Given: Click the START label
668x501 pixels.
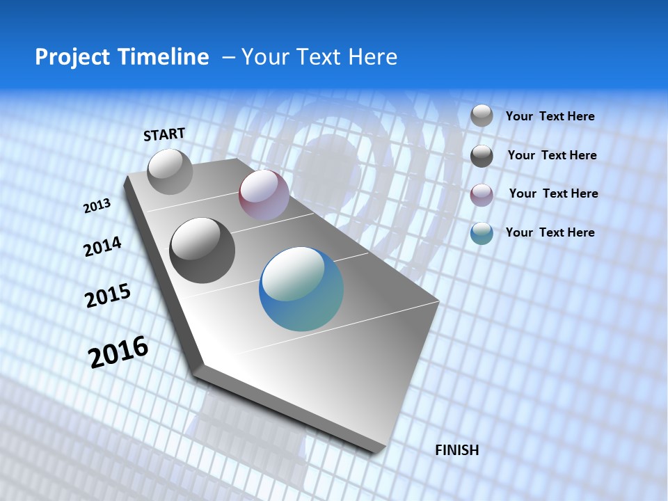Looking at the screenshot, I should (164, 134).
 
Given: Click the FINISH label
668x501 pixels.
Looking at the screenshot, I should (457, 450).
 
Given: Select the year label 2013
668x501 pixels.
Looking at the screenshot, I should (97, 206).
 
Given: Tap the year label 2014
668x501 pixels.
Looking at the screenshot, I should (102, 247).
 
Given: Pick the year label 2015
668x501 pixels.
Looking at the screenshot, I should (107, 296).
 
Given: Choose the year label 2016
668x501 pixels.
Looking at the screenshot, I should (118, 352).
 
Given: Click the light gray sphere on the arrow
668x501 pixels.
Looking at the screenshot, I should (170, 172).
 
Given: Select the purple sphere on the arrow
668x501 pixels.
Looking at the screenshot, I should (264, 195).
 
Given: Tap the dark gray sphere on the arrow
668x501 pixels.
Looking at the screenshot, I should (202, 250).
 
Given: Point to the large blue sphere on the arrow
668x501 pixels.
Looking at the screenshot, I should (301, 289).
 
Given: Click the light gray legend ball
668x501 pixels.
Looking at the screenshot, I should (482, 116).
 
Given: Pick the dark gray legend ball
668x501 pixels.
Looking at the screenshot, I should (482, 156).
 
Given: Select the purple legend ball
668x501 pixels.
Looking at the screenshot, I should (482, 195).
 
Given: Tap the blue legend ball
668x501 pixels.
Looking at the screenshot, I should (482, 234).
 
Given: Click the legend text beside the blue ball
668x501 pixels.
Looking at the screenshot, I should (550, 232).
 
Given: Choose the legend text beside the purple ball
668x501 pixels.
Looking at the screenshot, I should (553, 193).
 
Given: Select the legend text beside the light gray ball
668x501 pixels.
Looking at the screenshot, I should (550, 116).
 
